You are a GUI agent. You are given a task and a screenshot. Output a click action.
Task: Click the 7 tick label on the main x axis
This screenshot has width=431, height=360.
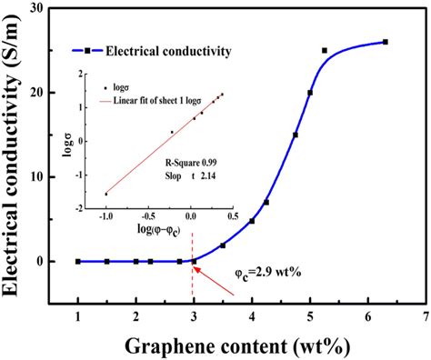point(426,315)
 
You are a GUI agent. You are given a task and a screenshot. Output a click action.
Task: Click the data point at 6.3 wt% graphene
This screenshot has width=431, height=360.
point(386,42)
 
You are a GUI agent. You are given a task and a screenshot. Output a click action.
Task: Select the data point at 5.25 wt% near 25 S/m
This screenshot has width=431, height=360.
point(325,50)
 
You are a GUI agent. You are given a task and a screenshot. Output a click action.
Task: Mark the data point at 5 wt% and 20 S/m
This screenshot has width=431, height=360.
point(310,93)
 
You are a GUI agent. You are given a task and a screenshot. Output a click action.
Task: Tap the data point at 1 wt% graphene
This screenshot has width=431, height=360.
point(78,261)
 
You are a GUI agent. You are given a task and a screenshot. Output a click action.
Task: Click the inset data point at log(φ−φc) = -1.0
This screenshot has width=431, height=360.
point(106,194)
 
